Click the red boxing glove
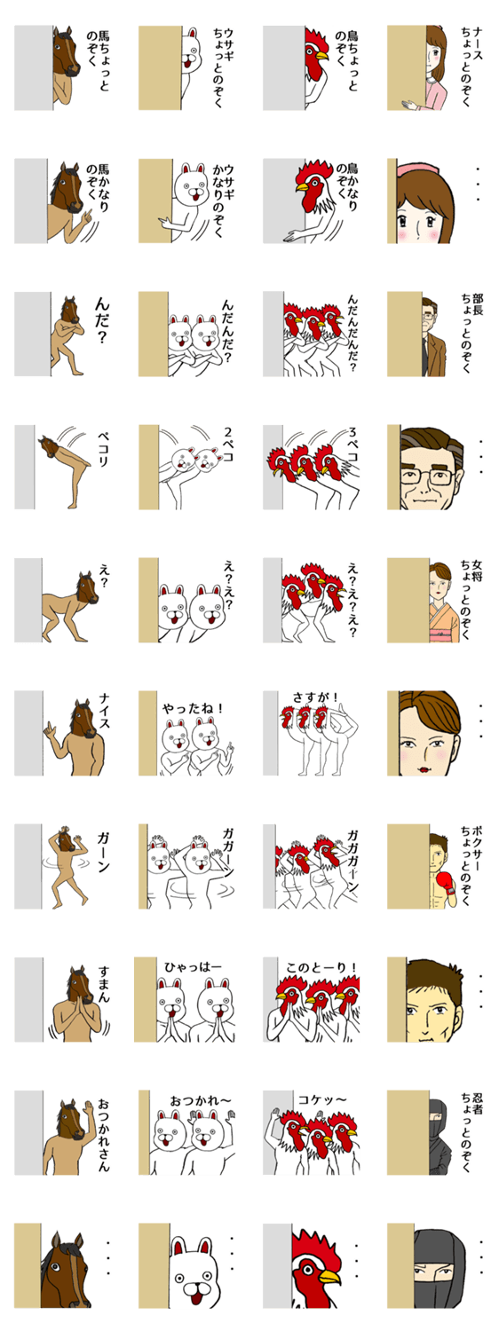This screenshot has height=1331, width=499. point(446,880)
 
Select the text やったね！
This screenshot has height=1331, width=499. point(194,708)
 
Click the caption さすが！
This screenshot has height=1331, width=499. point(315,697)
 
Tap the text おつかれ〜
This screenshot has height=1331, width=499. point(200,1101)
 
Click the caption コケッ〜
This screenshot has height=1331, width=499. point(321,1100)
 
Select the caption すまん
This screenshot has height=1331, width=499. point(104,985)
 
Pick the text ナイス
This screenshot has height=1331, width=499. point(105,712)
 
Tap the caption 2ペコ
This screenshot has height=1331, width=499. point(228,445)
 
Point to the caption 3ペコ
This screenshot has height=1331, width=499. point(352,445)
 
